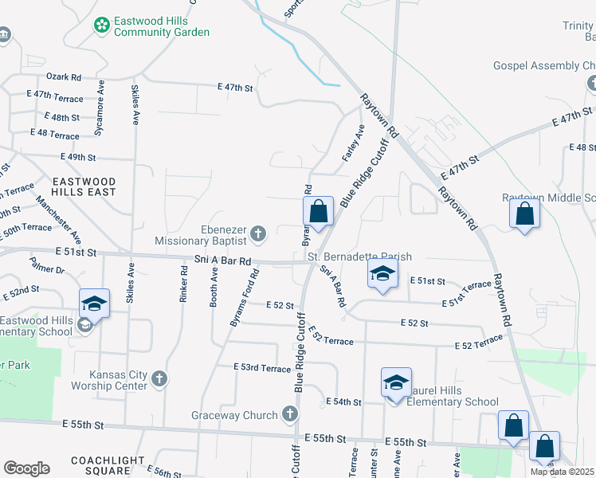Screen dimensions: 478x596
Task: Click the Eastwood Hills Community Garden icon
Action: pyautogui.click(x=102, y=25)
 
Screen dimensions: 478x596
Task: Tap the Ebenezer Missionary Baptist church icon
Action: pyautogui.click(x=257, y=233)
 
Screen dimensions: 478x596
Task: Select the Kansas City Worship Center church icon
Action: pyautogui.click(x=159, y=378)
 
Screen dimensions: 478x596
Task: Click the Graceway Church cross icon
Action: pyautogui.click(x=289, y=414)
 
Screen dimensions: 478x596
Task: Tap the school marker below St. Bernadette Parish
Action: pyautogui.click(x=382, y=275)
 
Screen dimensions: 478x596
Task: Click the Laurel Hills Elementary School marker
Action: pyautogui.click(x=396, y=384)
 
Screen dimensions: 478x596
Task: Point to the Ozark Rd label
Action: pyautogui.click(x=64, y=77)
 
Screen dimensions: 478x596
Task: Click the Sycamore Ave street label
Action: pyautogui.click(x=100, y=104)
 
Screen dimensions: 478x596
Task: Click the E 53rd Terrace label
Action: pyautogui.click(x=262, y=367)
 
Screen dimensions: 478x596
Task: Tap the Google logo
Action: pyautogui.click(x=26, y=468)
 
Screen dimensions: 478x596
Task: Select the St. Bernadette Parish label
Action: pyautogui.click(x=360, y=257)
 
